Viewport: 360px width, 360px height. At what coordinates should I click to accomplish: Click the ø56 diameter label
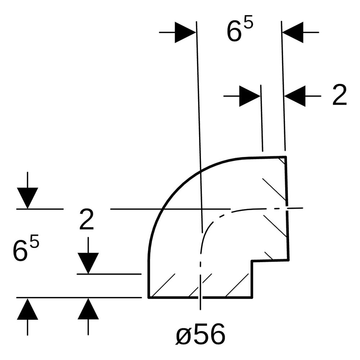click(x=201, y=334)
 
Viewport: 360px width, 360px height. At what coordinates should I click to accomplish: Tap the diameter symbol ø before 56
click(x=184, y=336)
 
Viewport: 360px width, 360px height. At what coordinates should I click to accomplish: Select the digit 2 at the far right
click(x=339, y=95)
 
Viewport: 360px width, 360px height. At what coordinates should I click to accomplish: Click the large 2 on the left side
click(x=86, y=220)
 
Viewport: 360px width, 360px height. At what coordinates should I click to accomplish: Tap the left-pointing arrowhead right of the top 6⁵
click(x=293, y=32)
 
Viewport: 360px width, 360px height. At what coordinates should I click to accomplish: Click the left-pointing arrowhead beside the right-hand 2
click(x=295, y=96)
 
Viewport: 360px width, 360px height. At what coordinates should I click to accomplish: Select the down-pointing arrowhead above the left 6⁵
click(x=27, y=198)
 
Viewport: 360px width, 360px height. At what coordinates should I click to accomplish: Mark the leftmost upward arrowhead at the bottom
click(x=27, y=309)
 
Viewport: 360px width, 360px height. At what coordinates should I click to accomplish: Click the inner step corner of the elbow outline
click(x=252, y=261)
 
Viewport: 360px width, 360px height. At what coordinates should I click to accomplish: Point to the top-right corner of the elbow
click(x=285, y=157)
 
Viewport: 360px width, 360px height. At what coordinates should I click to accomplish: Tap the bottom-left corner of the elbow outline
click(x=149, y=298)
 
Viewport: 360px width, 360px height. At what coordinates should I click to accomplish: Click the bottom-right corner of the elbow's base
click(x=252, y=298)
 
